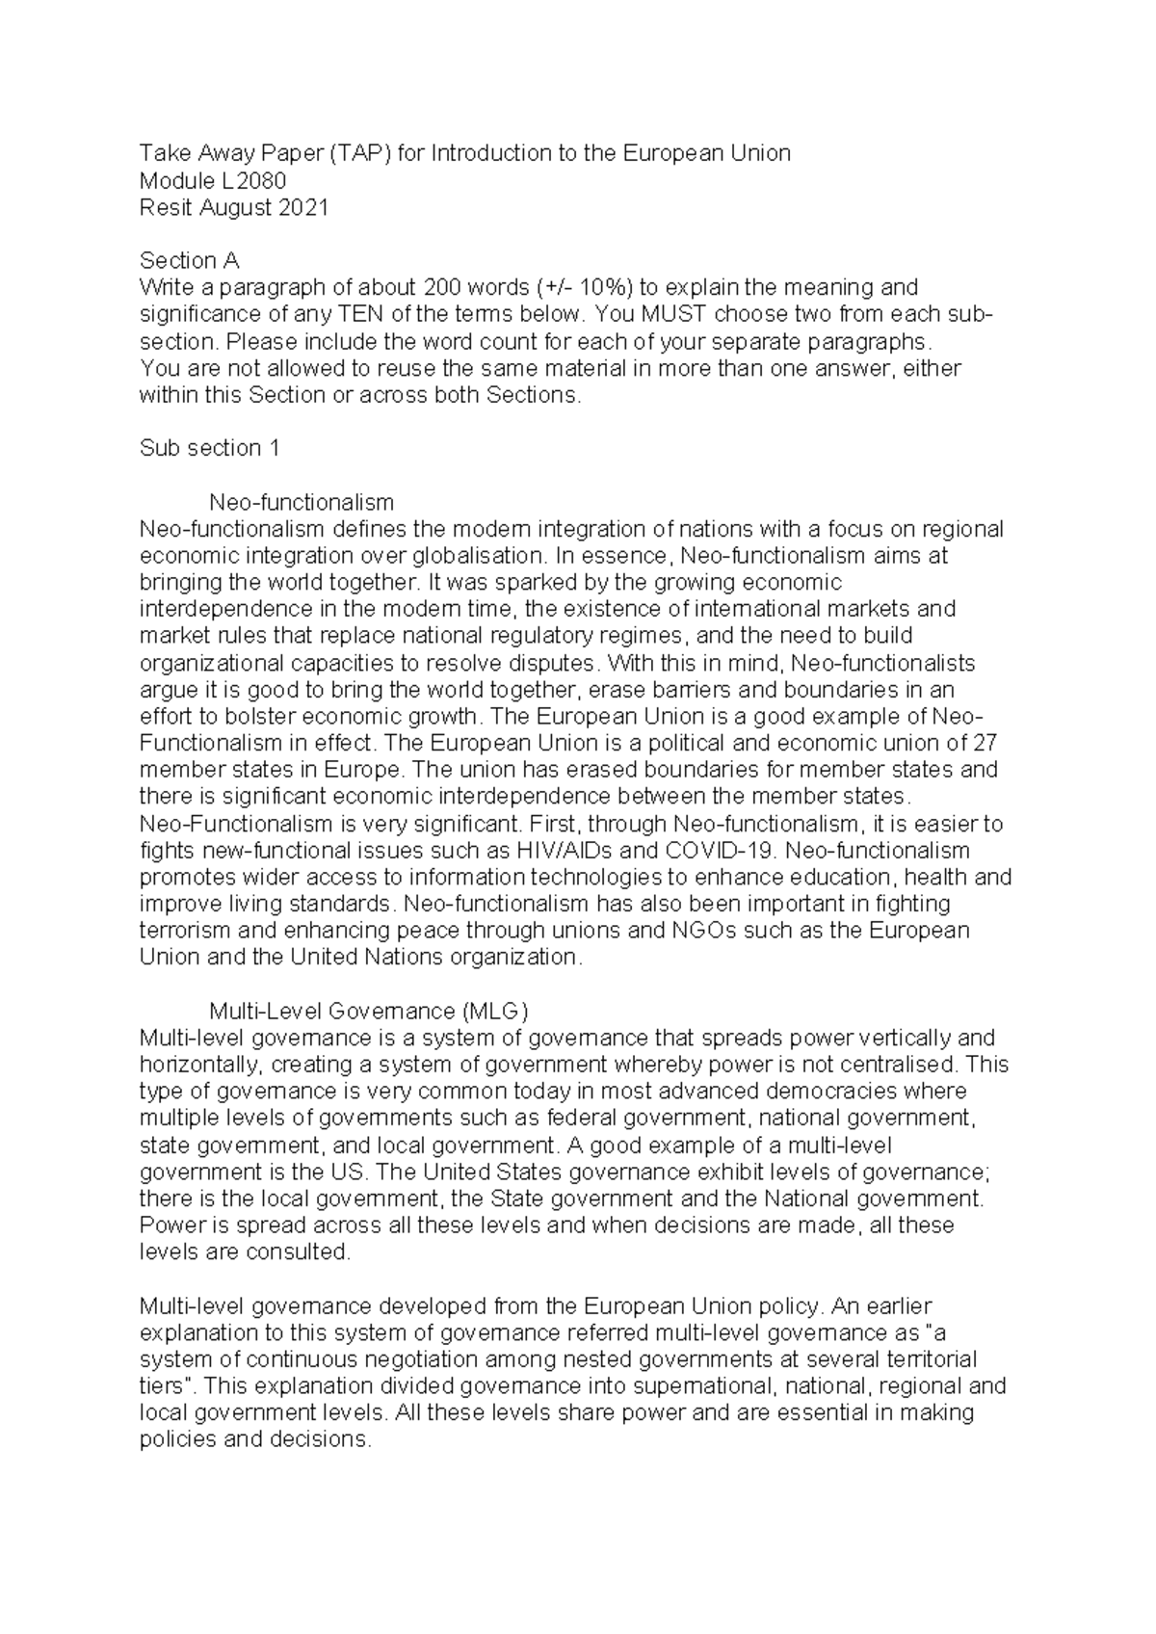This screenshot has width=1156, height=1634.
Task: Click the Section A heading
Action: point(190,260)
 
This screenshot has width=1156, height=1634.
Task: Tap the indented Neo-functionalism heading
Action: point(302,502)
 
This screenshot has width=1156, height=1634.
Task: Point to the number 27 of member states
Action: point(985,744)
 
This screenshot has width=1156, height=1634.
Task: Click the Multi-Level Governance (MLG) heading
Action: point(369,1011)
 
